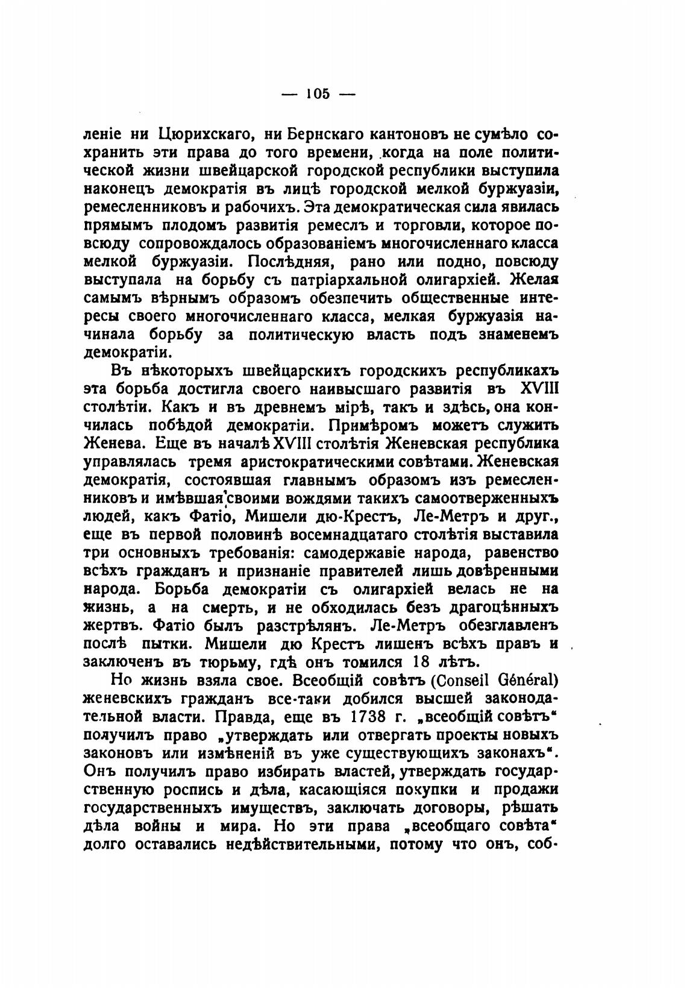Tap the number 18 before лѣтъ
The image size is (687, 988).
pos(422,661)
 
